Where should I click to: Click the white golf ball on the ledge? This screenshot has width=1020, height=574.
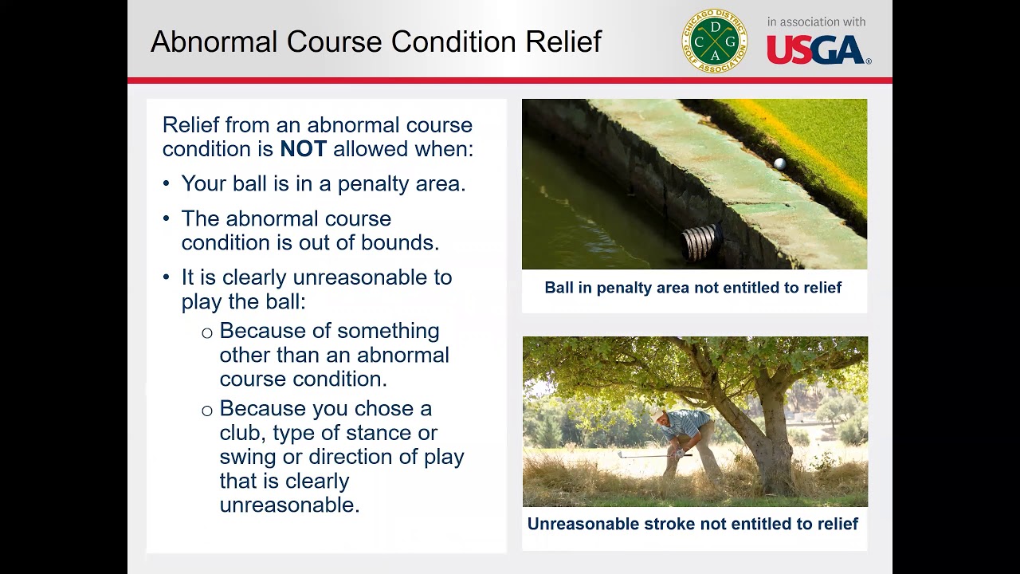pyautogui.click(x=780, y=163)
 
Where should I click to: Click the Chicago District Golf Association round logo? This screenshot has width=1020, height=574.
pyautogui.click(x=715, y=41)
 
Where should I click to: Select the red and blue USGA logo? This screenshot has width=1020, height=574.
pyautogui.click(x=818, y=50)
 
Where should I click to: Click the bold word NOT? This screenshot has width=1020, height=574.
pyautogui.click(x=304, y=149)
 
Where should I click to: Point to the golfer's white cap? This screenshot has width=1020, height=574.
pyautogui.click(x=656, y=415)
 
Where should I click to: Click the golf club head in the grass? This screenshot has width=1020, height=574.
pyautogui.click(x=620, y=454)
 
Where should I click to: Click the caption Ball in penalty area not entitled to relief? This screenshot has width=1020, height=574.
pyautogui.click(x=692, y=288)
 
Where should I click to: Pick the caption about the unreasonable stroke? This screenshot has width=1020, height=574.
pyautogui.click(x=692, y=524)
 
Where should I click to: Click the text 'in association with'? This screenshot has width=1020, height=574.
pyautogui.click(x=816, y=22)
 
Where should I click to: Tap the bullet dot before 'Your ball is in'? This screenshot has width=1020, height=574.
pyautogui.click(x=167, y=183)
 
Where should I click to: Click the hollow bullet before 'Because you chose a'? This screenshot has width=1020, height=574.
pyautogui.click(x=206, y=411)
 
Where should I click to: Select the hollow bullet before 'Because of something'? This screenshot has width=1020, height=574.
pyautogui.click(x=206, y=333)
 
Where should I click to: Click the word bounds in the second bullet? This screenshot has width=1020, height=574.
pyautogui.click(x=400, y=242)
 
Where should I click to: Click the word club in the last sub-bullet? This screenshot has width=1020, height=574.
pyautogui.click(x=242, y=433)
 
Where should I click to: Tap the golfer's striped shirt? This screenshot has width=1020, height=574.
pyautogui.click(x=688, y=422)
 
